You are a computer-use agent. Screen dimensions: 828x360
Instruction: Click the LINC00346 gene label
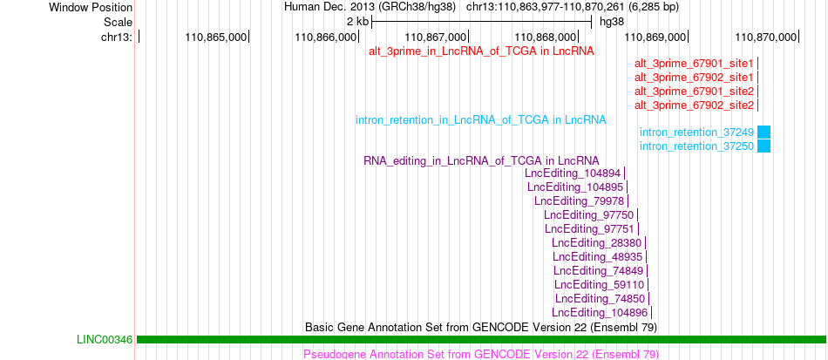click(105, 339)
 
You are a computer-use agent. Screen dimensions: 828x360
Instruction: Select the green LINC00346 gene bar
click(481, 339)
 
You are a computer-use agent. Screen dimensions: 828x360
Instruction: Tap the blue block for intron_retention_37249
click(764, 132)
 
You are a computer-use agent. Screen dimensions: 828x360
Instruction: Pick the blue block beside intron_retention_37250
click(764, 146)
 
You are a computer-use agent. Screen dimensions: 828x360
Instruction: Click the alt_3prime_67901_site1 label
click(694, 64)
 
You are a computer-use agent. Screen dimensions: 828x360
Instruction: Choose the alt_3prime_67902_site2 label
click(694, 105)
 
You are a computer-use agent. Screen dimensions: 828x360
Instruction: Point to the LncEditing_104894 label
click(573, 173)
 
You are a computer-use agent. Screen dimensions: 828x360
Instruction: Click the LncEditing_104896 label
click(600, 312)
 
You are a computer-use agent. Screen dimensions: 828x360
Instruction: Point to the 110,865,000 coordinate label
click(216, 37)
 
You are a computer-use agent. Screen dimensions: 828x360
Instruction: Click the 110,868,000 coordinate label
click(546, 37)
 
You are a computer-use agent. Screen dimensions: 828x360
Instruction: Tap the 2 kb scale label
click(358, 22)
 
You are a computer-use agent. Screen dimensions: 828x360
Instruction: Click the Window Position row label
click(91, 7)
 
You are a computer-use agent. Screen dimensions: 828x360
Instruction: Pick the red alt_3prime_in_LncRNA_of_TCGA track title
click(482, 51)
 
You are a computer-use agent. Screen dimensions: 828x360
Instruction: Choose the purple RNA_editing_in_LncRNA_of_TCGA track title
click(482, 160)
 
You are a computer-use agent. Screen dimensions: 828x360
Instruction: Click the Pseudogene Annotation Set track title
click(481, 354)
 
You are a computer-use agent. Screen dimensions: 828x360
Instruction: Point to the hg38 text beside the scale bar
click(612, 22)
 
